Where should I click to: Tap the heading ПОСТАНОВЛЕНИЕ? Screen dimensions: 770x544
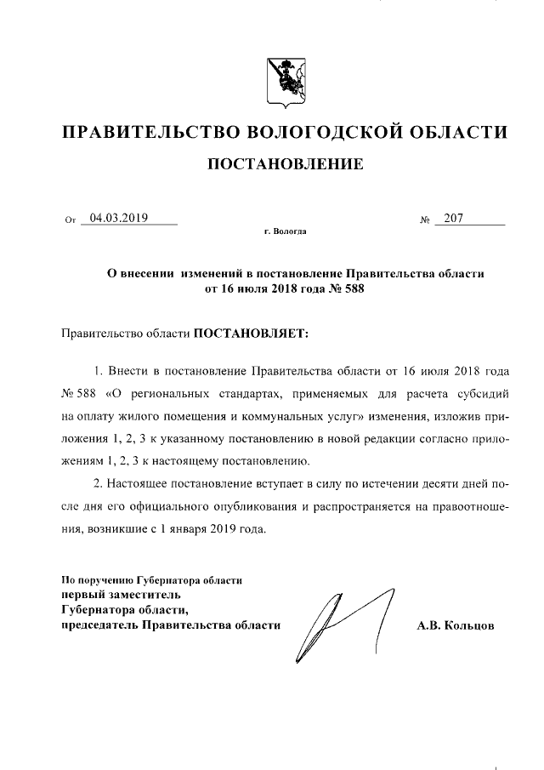(285, 164)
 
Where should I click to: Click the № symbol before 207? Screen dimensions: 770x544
(424, 220)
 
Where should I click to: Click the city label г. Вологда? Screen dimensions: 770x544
(285, 231)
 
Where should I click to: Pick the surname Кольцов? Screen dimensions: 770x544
(474, 626)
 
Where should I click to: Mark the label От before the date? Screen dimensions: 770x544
(71, 220)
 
